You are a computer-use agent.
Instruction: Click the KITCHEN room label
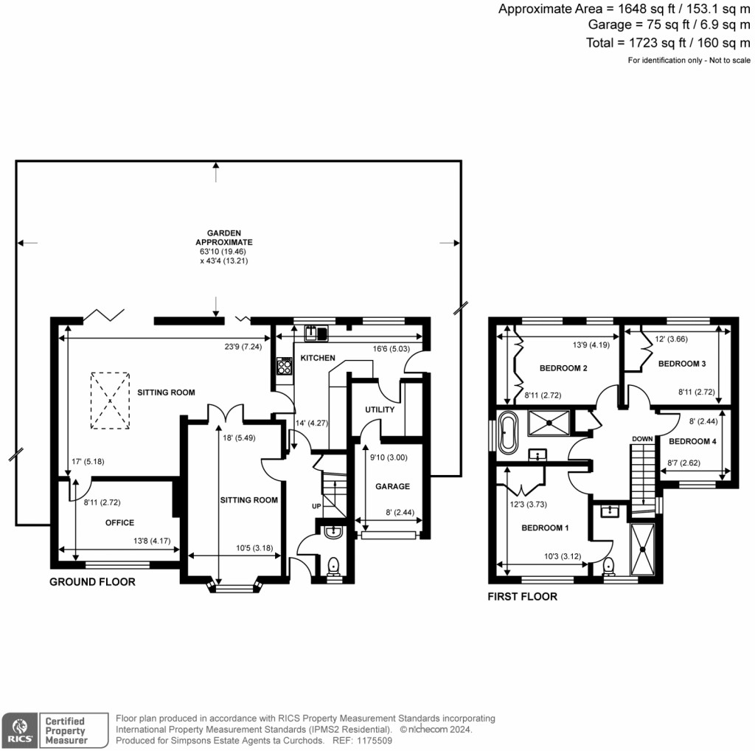(317, 358)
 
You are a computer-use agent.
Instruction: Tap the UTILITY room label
(380, 409)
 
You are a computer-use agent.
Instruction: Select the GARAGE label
(391, 486)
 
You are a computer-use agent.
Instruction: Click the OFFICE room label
(119, 522)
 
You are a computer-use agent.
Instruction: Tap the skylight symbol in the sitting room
(109, 400)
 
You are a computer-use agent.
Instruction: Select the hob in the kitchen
(284, 367)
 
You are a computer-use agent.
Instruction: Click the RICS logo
(18, 729)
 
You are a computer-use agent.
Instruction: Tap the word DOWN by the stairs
(641, 439)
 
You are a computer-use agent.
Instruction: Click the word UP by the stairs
(316, 506)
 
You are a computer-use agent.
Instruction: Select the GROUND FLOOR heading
(92, 582)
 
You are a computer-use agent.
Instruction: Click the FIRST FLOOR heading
(522, 597)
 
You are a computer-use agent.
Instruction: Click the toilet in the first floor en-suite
(609, 566)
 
